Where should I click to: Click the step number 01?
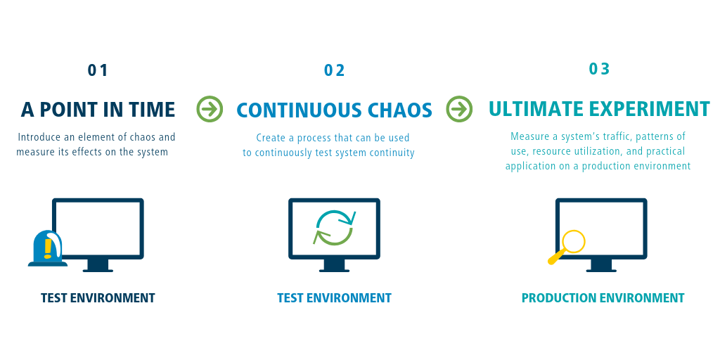click(98, 70)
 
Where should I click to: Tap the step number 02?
click(334, 70)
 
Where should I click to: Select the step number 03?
click(599, 68)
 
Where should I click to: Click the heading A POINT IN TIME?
click(98, 110)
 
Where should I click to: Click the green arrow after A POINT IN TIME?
click(210, 109)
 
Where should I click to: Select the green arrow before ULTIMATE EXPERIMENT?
click(459, 109)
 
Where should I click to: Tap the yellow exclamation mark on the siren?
click(47, 248)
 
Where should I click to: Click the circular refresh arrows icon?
click(334, 227)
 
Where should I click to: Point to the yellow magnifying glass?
click(567, 247)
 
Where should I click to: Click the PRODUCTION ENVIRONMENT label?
click(603, 298)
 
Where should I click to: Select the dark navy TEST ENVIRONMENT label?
click(98, 298)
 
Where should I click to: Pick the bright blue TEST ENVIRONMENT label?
click(334, 298)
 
